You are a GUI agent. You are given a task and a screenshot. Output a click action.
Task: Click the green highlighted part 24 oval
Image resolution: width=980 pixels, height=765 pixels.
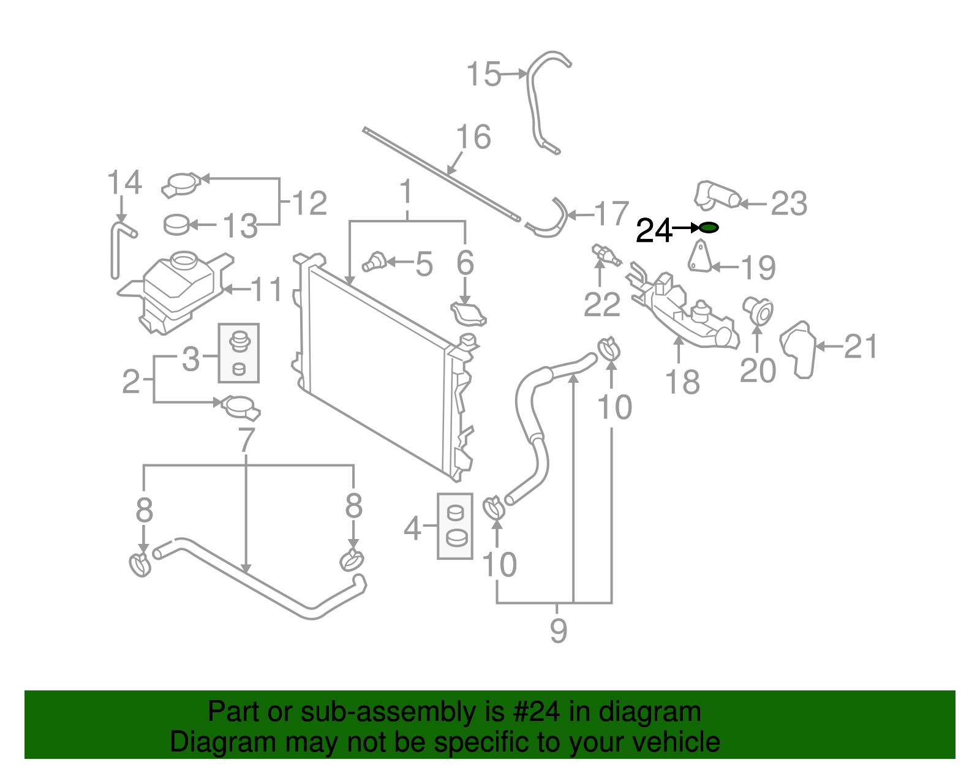(x=709, y=228)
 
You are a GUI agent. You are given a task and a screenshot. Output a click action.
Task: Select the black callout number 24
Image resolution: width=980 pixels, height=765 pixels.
(x=654, y=231)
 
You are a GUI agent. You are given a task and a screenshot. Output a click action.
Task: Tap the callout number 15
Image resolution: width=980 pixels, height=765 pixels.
(x=483, y=75)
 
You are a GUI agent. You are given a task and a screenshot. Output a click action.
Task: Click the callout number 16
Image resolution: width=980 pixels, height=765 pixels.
(x=473, y=137)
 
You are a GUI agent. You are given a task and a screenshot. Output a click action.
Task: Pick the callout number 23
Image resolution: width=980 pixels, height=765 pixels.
(x=789, y=203)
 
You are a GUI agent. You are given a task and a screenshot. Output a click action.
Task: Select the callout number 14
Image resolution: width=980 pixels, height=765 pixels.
(x=124, y=183)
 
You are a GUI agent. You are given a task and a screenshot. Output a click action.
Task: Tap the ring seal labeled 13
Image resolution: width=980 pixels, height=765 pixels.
(x=177, y=225)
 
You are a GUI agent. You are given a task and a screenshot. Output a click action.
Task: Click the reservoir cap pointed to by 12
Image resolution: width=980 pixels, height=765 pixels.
(x=181, y=184)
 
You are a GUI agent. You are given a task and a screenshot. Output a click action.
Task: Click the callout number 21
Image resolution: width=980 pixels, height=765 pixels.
(x=861, y=347)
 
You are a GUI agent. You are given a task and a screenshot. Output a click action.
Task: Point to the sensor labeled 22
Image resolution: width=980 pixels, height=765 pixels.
(x=605, y=254)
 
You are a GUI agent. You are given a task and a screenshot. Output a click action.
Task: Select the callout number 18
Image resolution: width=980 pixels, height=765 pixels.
(x=682, y=382)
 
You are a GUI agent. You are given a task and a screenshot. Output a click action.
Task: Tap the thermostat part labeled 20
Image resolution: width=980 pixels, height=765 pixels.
(x=758, y=311)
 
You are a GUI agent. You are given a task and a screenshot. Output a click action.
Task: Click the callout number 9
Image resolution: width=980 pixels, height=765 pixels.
(x=558, y=630)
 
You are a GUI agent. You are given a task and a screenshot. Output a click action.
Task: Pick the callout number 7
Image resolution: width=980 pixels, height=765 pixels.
(x=246, y=439)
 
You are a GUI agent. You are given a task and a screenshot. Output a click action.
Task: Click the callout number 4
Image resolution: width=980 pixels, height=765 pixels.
(x=412, y=527)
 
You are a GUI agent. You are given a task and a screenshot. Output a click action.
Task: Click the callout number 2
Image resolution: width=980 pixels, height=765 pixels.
(x=131, y=381)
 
